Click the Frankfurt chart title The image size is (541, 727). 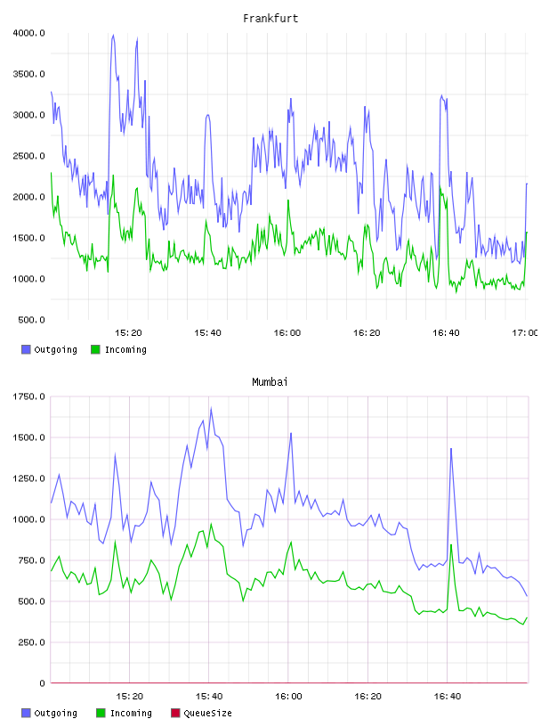tap(270, 19)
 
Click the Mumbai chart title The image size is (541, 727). tap(270, 382)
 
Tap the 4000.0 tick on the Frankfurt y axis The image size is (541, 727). tap(28, 33)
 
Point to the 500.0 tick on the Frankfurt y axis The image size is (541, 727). tap(31, 320)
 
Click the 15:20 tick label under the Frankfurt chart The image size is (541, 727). tap(128, 333)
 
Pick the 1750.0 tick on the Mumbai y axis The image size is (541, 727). tap(28, 396)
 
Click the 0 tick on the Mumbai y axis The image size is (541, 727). tap(42, 683)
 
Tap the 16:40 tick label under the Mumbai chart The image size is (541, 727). tap(448, 697)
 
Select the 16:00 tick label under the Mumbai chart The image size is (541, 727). tap(288, 697)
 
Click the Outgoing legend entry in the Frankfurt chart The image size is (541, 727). tap(49, 349)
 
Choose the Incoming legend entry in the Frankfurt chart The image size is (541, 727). tap(118, 349)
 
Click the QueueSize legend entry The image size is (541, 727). tap(201, 713)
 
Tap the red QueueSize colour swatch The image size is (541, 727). tap(175, 713)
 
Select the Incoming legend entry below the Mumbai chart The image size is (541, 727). tap(124, 713)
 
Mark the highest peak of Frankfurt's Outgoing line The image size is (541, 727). tap(113, 35)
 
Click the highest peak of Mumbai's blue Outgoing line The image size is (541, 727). tap(211, 408)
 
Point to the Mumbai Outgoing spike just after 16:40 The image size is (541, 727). tap(451, 449)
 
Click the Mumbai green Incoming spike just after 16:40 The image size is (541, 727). tap(451, 544)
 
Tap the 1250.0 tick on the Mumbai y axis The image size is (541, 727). tap(28, 478)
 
